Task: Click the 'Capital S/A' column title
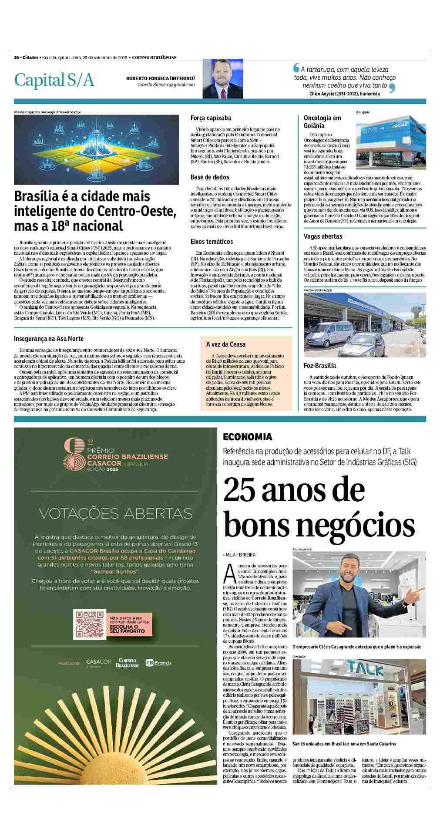(54, 80)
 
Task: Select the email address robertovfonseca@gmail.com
(166, 84)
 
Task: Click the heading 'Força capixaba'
(211, 118)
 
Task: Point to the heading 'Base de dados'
(209, 177)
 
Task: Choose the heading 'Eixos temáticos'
(212, 241)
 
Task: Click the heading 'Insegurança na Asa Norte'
(49, 338)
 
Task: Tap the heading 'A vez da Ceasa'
(226, 344)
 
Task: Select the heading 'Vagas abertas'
(322, 236)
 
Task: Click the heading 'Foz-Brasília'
(320, 366)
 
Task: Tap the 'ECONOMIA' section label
(247, 437)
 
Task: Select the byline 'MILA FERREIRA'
(240, 555)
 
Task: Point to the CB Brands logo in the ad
(158, 663)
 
